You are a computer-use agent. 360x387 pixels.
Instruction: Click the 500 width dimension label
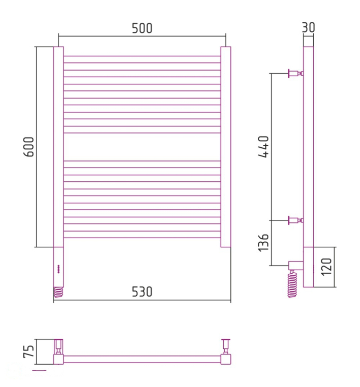(x=142, y=28)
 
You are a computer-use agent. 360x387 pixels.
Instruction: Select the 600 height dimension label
(x=28, y=147)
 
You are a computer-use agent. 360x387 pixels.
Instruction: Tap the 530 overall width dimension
(x=142, y=292)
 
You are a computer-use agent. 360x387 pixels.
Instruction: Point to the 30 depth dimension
(x=309, y=27)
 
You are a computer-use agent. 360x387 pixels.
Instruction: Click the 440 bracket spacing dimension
(x=263, y=146)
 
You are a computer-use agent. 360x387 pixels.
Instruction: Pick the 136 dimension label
(x=263, y=243)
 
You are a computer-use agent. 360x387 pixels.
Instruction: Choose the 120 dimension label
(x=326, y=267)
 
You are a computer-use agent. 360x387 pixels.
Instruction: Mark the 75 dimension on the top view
(x=28, y=351)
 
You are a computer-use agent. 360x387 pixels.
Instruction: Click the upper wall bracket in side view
(x=296, y=73)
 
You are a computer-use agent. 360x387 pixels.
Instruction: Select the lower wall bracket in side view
(x=296, y=220)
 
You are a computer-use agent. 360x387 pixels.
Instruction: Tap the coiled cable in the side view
(x=292, y=284)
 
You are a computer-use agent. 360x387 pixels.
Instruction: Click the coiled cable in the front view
(x=58, y=292)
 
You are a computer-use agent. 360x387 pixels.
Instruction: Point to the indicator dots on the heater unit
(x=58, y=269)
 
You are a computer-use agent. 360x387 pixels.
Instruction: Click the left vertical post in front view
(x=58, y=147)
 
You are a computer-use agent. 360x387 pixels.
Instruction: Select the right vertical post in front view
(x=226, y=147)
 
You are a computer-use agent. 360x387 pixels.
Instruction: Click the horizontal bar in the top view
(x=142, y=359)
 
